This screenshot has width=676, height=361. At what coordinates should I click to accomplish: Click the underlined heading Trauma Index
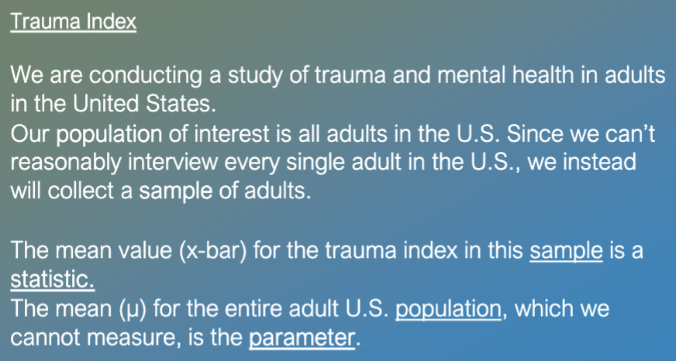[74, 22]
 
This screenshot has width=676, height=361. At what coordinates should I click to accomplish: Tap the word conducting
[146, 76]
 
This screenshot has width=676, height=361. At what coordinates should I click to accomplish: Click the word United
[105, 103]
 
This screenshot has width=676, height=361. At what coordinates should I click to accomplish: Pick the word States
[180, 103]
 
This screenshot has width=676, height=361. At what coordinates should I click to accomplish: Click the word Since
[535, 133]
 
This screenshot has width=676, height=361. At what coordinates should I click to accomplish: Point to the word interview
[173, 162]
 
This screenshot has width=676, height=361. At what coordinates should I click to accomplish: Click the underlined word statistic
[52, 279]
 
